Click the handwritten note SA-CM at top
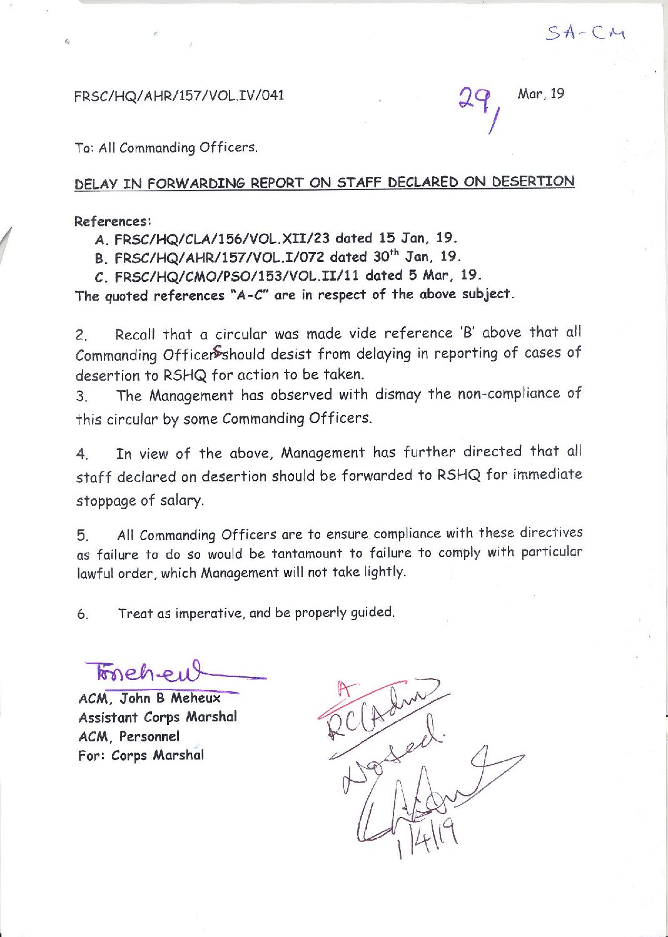pyautogui.click(x=585, y=33)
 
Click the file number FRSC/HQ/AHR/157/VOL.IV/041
pyautogui.click(x=179, y=96)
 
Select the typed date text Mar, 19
pyautogui.click(x=541, y=94)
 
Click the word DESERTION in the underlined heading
pyautogui.click(x=533, y=181)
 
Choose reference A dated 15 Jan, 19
pyautogui.click(x=276, y=238)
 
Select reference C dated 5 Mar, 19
pyautogui.click(x=288, y=275)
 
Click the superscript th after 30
pyautogui.click(x=393, y=252)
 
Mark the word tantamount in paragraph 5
pyautogui.click(x=306, y=554)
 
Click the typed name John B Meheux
pyautogui.click(x=170, y=698)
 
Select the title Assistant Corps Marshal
pyautogui.click(x=158, y=717)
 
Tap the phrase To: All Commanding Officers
pyautogui.click(x=166, y=148)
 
